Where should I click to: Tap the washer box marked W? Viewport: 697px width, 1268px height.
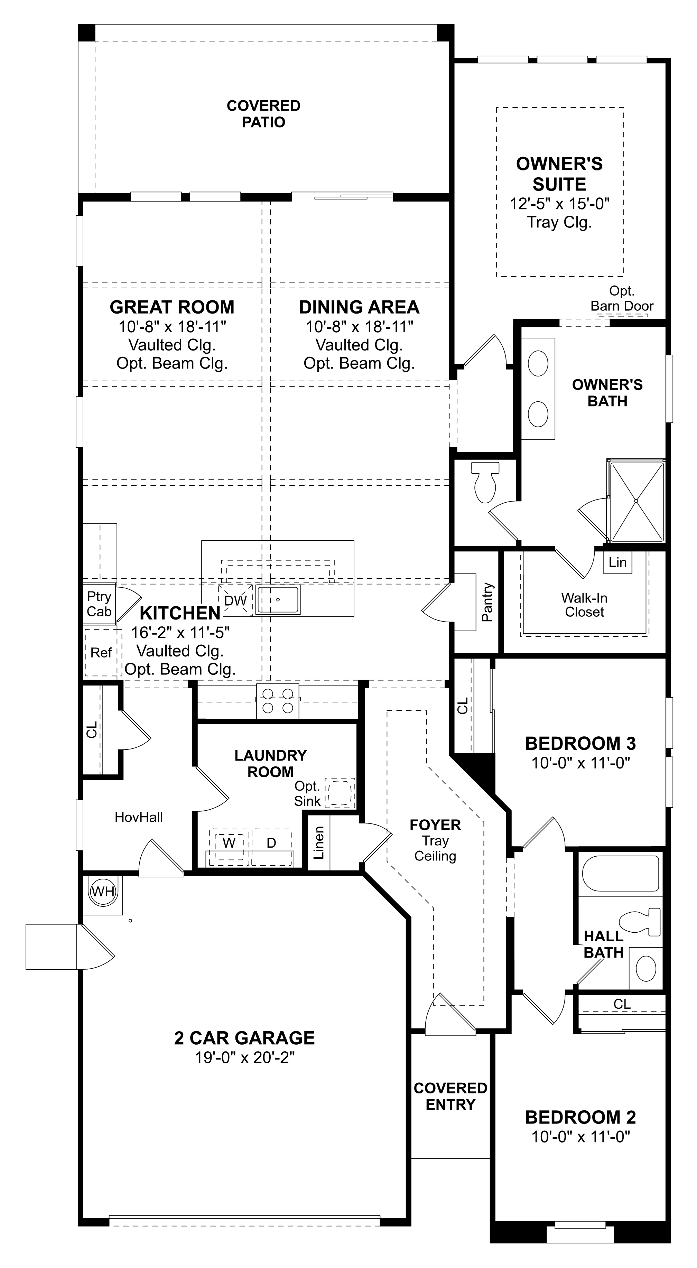click(x=229, y=843)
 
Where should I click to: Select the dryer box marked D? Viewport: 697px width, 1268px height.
click(x=271, y=843)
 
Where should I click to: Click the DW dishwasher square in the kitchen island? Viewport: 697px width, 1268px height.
click(x=235, y=600)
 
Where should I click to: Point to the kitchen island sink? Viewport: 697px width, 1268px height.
click(x=278, y=599)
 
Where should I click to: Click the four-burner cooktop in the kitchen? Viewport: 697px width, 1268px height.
click(x=278, y=701)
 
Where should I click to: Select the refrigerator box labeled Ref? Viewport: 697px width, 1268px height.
click(x=101, y=653)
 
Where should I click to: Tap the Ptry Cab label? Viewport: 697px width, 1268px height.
click(x=99, y=604)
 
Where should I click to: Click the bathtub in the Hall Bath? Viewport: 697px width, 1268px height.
click(x=620, y=873)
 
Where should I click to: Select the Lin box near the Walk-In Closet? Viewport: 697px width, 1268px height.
click(x=617, y=562)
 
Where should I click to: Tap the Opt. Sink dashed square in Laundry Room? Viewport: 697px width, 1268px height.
click(x=340, y=793)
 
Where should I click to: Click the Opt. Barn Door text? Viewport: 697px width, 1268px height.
click(x=622, y=298)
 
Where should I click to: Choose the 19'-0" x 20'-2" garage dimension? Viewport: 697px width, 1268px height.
click(x=245, y=1057)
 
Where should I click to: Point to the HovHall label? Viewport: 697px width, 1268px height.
click(x=138, y=817)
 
